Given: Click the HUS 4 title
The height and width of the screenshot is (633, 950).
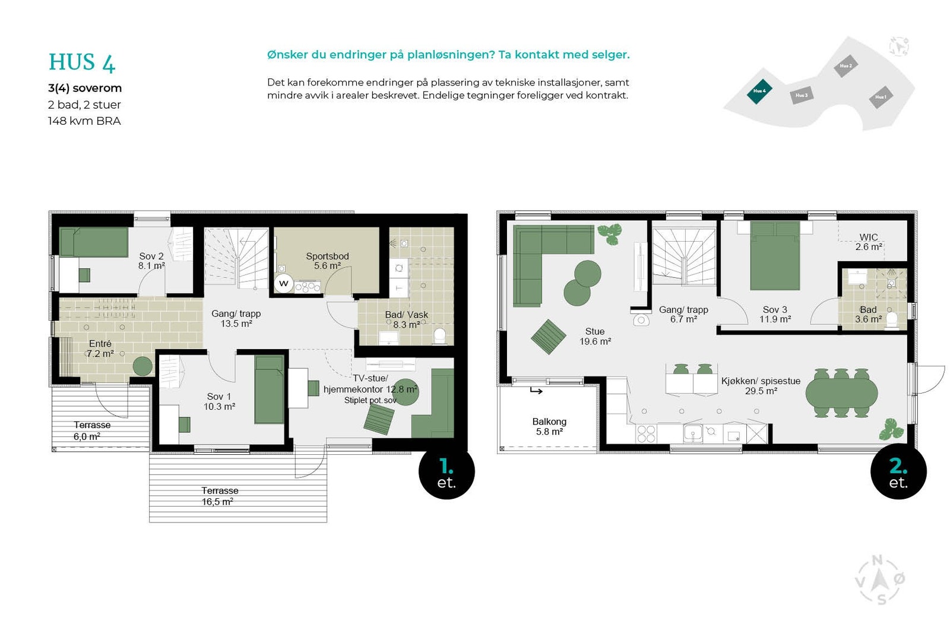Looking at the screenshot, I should (82, 62).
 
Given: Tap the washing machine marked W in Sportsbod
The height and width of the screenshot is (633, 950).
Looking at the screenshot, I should (284, 283).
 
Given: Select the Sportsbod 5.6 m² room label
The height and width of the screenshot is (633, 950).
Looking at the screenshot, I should (327, 261).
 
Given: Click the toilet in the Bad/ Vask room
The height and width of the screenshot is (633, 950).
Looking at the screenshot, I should (439, 336).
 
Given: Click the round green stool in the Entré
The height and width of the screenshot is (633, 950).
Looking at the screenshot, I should (142, 366).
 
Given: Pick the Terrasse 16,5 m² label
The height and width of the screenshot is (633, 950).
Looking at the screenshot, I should (219, 496).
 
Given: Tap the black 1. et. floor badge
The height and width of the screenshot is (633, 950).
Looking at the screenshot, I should (446, 471).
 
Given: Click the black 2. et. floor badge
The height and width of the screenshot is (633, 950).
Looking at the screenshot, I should (898, 471).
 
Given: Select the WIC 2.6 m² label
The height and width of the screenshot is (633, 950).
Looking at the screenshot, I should (868, 242).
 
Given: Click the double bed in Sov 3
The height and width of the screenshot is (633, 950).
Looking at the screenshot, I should (774, 256).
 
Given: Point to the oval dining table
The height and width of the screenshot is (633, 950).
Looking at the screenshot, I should (841, 393).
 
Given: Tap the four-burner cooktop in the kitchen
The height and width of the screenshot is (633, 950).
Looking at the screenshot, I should (647, 433).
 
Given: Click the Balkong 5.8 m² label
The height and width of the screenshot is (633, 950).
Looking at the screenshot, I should (549, 426).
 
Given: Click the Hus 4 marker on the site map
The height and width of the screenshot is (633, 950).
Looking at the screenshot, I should (759, 91).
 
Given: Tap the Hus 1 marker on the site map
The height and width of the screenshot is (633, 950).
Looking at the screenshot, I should (881, 97).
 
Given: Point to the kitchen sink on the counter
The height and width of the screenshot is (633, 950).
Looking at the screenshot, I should (692, 433).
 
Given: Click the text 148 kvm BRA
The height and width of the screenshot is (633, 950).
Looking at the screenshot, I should (84, 121).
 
